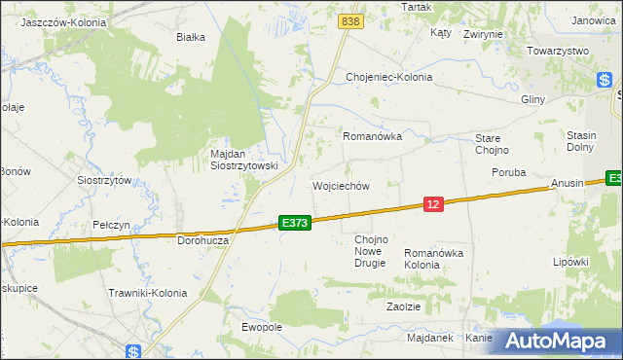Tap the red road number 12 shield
coord(434,203)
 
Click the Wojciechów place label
coord(341,186)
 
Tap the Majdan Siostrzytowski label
coord(244,160)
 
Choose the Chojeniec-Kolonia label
coord(388,77)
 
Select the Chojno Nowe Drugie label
coord(370,251)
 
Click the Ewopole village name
coord(262,327)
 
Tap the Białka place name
coord(191,38)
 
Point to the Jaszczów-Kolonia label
coord(63,20)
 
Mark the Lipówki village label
coord(571,262)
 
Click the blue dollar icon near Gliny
coord(605,82)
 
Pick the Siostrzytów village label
coord(104,180)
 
